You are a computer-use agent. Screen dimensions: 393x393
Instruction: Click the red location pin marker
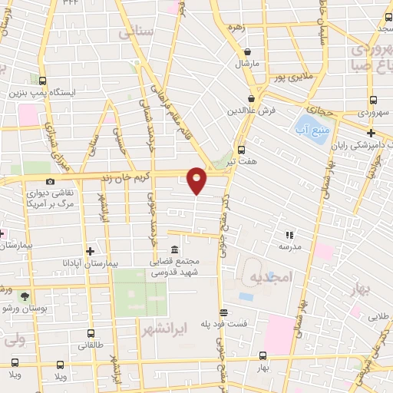click(197, 180)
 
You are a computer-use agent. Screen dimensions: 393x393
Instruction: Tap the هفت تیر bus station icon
click(242, 150)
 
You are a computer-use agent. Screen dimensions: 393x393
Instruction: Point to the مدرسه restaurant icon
click(289, 235)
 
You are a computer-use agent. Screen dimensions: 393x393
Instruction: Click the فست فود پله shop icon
click(223, 312)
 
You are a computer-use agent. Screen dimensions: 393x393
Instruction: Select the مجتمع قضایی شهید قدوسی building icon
click(174, 250)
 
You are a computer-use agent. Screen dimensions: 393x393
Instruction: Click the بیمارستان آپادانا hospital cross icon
click(91, 251)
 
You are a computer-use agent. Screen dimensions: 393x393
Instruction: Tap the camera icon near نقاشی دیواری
click(50, 181)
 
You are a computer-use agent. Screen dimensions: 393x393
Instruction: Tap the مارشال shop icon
click(246, 52)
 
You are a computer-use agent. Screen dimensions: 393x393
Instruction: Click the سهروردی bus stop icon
click(372, 100)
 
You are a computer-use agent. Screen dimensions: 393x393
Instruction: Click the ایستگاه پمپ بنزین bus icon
click(40, 80)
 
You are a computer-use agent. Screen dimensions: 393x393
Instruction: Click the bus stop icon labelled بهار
click(263, 355)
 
